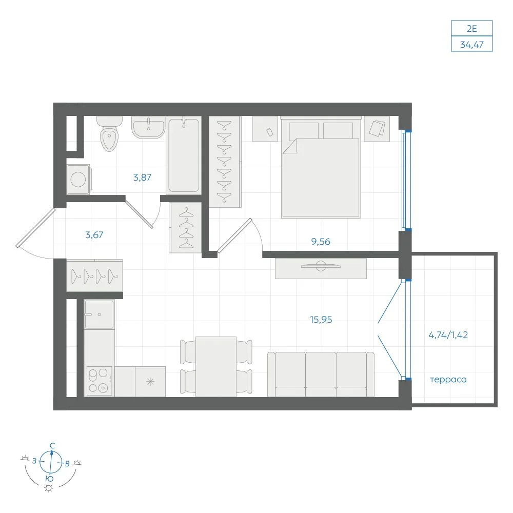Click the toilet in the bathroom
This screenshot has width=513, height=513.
pyautogui.click(x=109, y=133)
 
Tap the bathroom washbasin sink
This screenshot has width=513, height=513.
pyautogui.click(x=148, y=127)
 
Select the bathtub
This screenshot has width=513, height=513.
pyautogui.click(x=184, y=155)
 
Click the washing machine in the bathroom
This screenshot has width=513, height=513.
pyautogui.click(x=78, y=179)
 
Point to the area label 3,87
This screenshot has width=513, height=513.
pyautogui.click(x=142, y=177)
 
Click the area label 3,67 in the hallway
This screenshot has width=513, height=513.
pyautogui.click(x=94, y=234)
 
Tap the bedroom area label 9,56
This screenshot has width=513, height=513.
pyautogui.click(x=321, y=242)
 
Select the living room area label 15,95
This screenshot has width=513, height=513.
pyautogui.click(x=321, y=319)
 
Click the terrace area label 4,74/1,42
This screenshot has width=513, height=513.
pyautogui.click(x=448, y=335)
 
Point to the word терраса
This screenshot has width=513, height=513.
pyautogui.click(x=448, y=380)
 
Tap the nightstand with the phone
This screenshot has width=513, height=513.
pyautogui.click(x=265, y=129)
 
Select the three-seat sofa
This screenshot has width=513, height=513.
pyautogui.click(x=321, y=374)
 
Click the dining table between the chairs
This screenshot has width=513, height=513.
pyautogui.click(x=216, y=367)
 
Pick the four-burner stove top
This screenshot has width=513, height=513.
pyautogui.click(x=100, y=381)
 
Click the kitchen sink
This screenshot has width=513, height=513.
pyautogui.click(x=99, y=314)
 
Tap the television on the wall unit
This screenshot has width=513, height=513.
pyautogui.click(x=321, y=266)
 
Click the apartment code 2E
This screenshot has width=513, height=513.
pyautogui.click(x=472, y=28)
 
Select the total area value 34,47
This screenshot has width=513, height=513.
pyautogui.click(x=472, y=44)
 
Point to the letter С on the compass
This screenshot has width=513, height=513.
pyautogui.click(x=52, y=446)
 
